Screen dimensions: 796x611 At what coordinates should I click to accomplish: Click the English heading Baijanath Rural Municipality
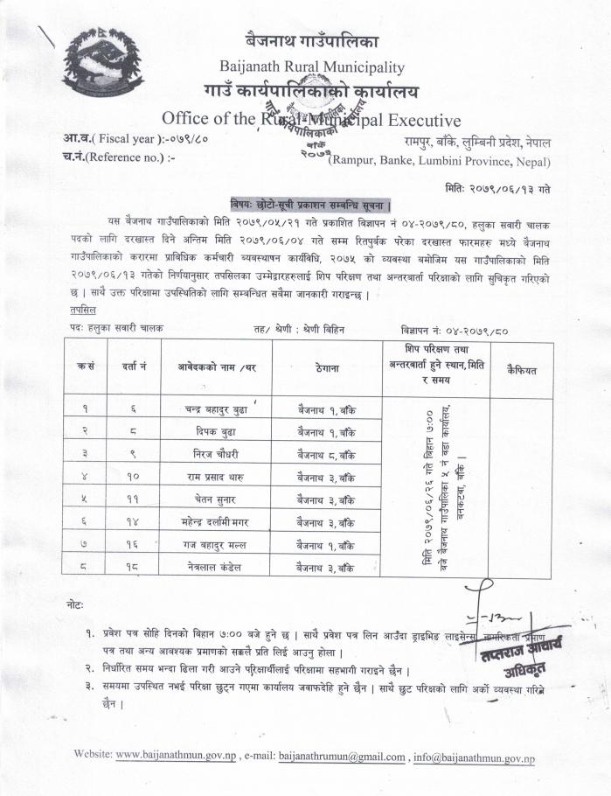[x=312, y=66]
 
